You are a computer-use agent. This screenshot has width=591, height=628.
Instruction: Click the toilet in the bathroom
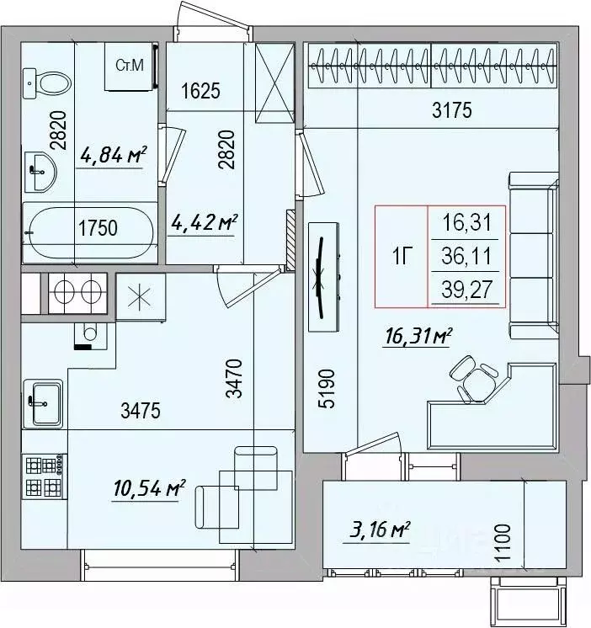tap(46, 83)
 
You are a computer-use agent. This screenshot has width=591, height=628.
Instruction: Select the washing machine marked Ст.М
tap(130, 67)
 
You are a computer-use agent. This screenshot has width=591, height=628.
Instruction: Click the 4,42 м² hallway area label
tap(205, 222)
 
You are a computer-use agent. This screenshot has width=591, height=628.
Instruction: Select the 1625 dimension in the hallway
tap(200, 91)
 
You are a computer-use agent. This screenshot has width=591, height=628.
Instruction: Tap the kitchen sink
tap(43, 403)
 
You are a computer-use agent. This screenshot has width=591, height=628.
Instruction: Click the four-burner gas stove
tap(44, 476)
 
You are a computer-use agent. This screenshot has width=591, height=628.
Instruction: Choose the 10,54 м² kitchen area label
tap(149, 487)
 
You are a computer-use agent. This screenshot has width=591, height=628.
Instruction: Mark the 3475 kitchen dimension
tap(141, 411)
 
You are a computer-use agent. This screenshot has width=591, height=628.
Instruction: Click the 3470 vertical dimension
tap(234, 379)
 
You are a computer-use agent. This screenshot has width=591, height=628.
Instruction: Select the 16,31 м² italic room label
tap(418, 336)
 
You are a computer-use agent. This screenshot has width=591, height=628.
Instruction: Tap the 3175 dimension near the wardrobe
tap(452, 110)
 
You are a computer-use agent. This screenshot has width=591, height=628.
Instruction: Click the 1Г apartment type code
tap(402, 256)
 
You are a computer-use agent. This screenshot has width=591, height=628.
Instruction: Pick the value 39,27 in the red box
tap(466, 290)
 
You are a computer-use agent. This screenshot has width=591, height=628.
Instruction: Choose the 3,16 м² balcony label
tap(380, 530)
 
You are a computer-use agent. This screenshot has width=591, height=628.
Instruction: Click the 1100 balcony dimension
tap(503, 544)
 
